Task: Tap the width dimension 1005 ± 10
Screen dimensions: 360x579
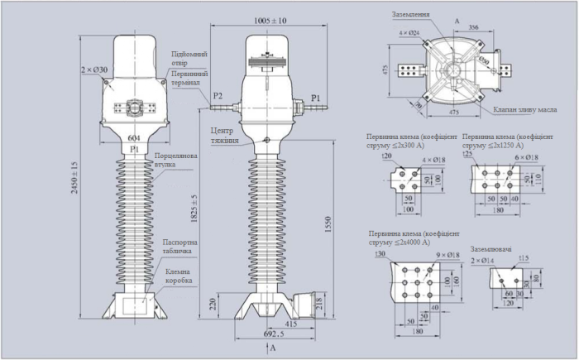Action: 270,20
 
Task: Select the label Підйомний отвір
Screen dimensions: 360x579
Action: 189,59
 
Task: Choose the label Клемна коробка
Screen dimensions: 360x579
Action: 178,276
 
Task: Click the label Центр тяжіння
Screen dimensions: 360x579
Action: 224,135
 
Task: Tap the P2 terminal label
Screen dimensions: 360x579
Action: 218,97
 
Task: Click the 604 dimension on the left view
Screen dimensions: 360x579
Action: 132,137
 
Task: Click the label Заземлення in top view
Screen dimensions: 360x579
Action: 412,14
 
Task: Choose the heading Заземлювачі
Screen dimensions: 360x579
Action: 493,247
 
